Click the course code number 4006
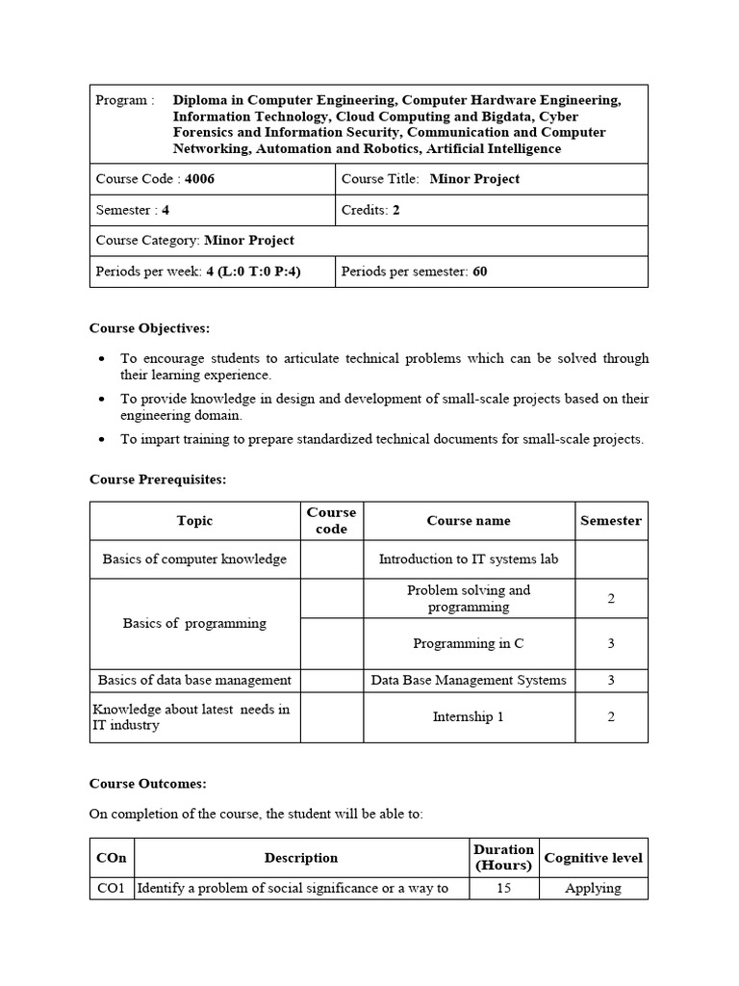199,179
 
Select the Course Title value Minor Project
474,179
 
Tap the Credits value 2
395,210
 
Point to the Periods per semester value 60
479,272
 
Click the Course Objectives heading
149,328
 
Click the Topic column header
194,521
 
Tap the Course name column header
469,521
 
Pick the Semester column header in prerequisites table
610,521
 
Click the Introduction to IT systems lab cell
469,559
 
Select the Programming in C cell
469,644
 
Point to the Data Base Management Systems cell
469,681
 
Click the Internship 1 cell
469,717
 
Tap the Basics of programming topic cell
194,623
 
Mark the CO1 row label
111,889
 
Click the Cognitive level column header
593,858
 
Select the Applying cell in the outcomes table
593,889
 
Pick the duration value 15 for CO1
503,889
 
